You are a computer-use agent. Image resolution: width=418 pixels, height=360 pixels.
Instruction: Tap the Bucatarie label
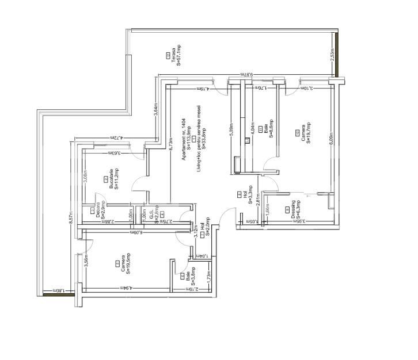pos(111,179)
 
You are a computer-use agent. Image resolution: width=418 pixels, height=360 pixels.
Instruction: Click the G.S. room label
pos(151,213)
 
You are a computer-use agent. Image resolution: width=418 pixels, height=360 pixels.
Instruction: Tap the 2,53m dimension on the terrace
pos(332,55)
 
